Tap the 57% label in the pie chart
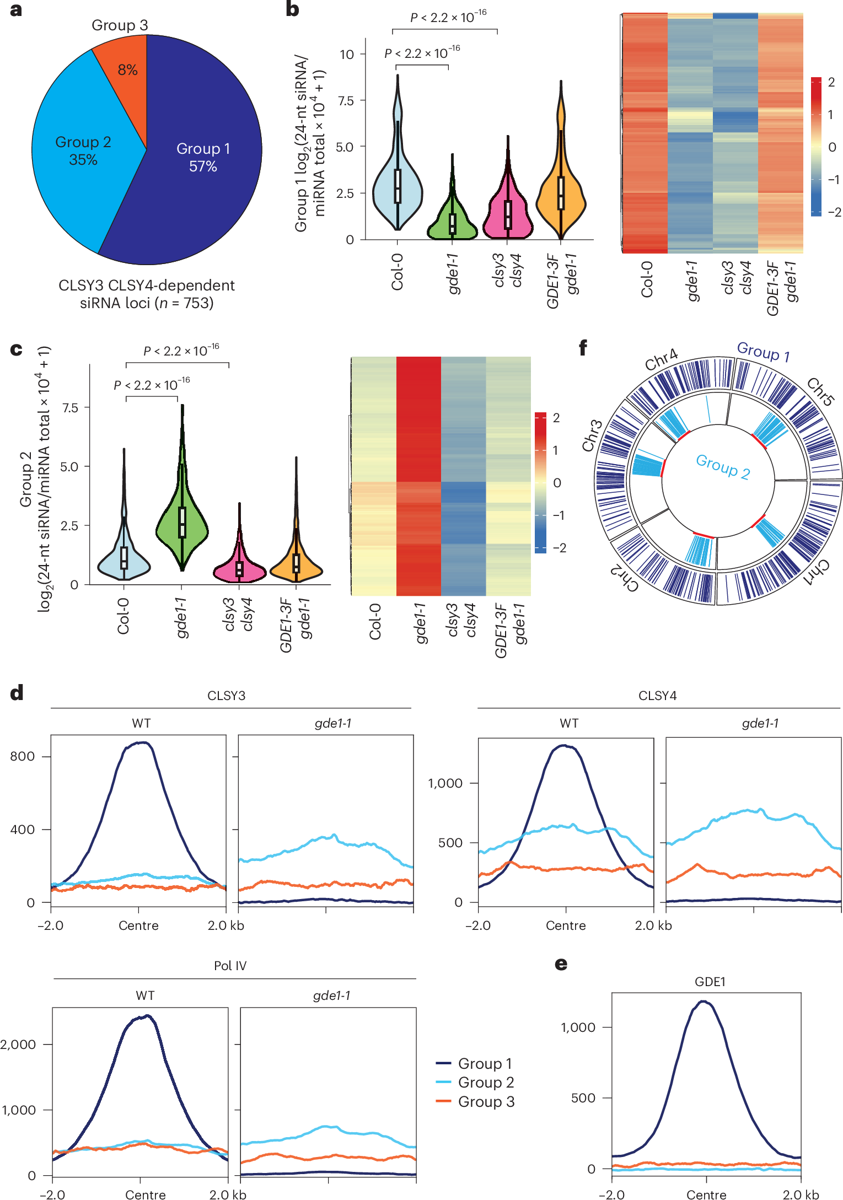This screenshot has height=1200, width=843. [203, 166]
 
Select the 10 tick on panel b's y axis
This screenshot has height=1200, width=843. [347, 55]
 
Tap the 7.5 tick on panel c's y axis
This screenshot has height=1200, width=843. [70, 408]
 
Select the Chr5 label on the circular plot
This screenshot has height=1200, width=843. [820, 392]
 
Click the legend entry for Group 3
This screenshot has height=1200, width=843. [486, 1102]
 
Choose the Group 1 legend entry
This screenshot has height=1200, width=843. [485, 1064]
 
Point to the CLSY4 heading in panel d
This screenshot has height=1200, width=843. [657, 696]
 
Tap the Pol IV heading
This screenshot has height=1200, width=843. [230, 966]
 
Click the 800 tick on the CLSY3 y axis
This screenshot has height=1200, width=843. [23, 756]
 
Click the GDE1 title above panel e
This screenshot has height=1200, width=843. [710, 982]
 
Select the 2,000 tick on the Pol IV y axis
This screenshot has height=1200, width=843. [18, 1045]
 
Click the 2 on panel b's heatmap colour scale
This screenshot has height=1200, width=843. [831, 82]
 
